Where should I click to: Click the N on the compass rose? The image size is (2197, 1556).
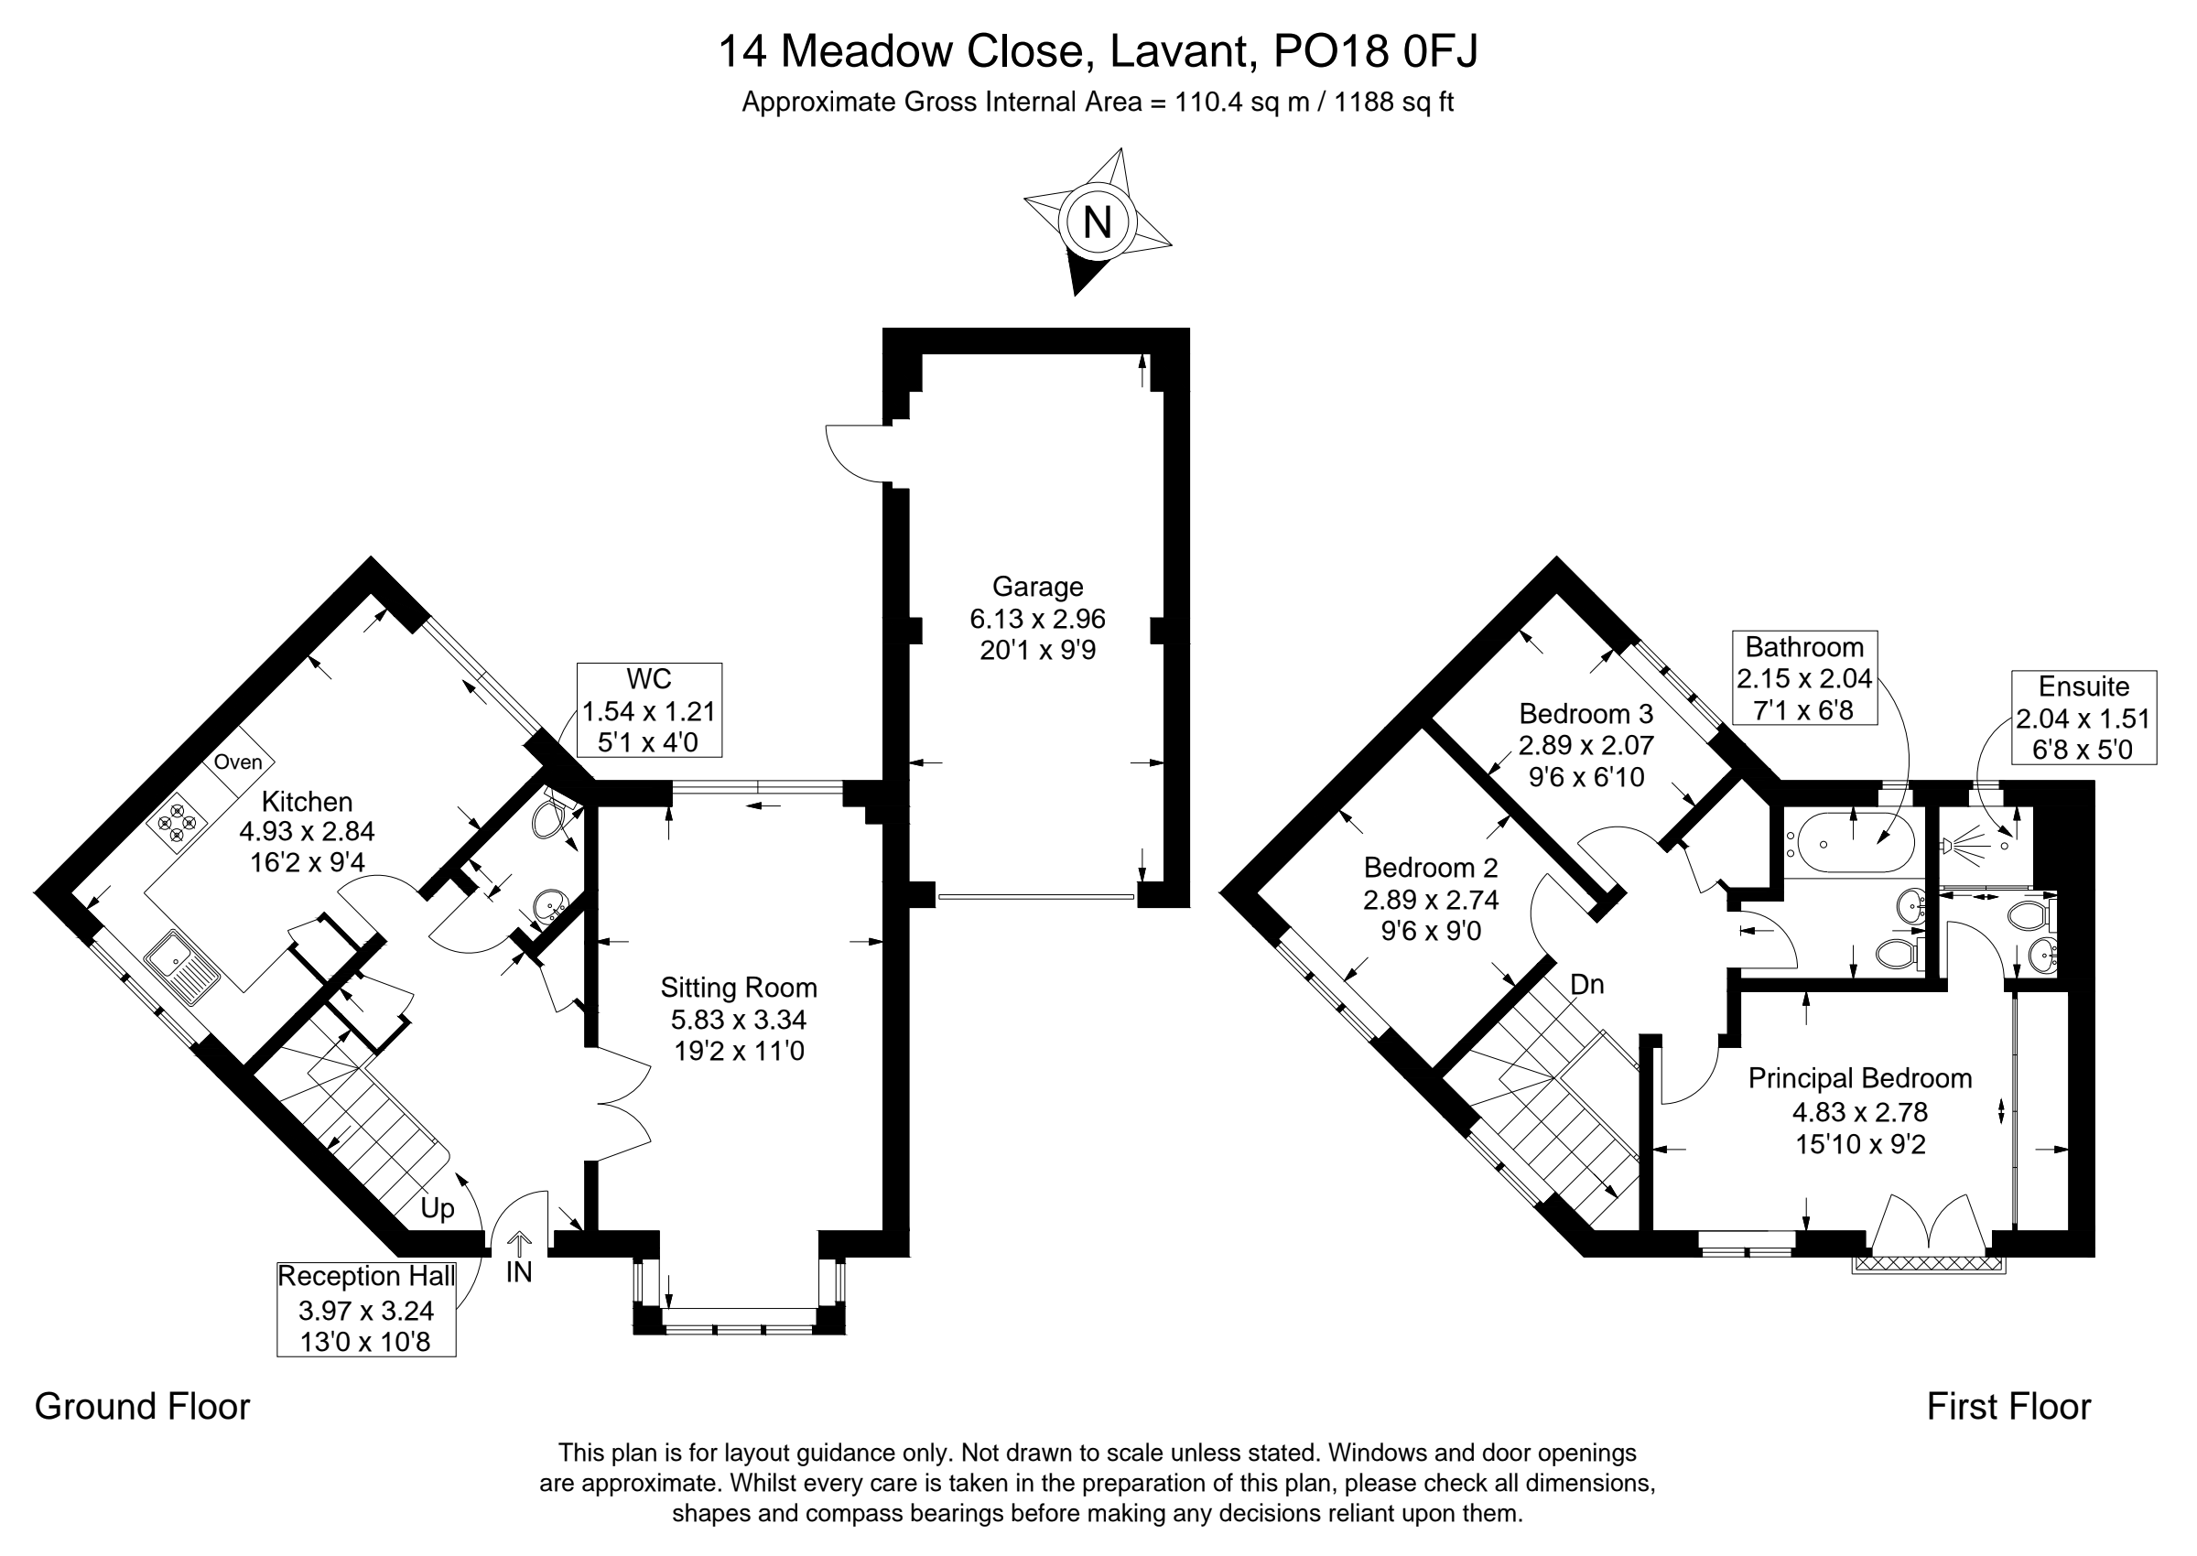(x=1097, y=222)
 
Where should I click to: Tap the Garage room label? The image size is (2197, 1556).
(x=1038, y=587)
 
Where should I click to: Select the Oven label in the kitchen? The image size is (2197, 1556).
(x=238, y=762)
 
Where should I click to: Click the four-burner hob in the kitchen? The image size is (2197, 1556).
(x=178, y=823)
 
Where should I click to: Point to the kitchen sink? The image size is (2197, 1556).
(x=182, y=967)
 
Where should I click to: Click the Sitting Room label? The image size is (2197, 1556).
(x=739, y=988)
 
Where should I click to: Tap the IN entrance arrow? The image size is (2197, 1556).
(x=519, y=1243)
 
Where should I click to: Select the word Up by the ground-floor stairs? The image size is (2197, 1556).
(x=437, y=1209)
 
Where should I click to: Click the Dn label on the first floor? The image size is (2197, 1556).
(x=1587, y=984)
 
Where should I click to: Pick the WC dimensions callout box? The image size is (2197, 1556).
(x=650, y=710)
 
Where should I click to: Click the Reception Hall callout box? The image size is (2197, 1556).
(x=366, y=1309)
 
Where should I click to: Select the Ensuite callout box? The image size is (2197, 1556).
(x=2083, y=718)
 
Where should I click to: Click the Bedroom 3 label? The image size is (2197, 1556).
(x=1586, y=714)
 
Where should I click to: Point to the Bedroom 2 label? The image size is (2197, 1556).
(x=1431, y=868)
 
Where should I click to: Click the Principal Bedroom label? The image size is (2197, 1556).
(x=1860, y=1079)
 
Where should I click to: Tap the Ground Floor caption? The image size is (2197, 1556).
(x=142, y=1407)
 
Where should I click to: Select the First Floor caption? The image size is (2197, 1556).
(x=2009, y=1407)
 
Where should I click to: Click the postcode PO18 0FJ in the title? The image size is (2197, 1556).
(x=1376, y=50)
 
